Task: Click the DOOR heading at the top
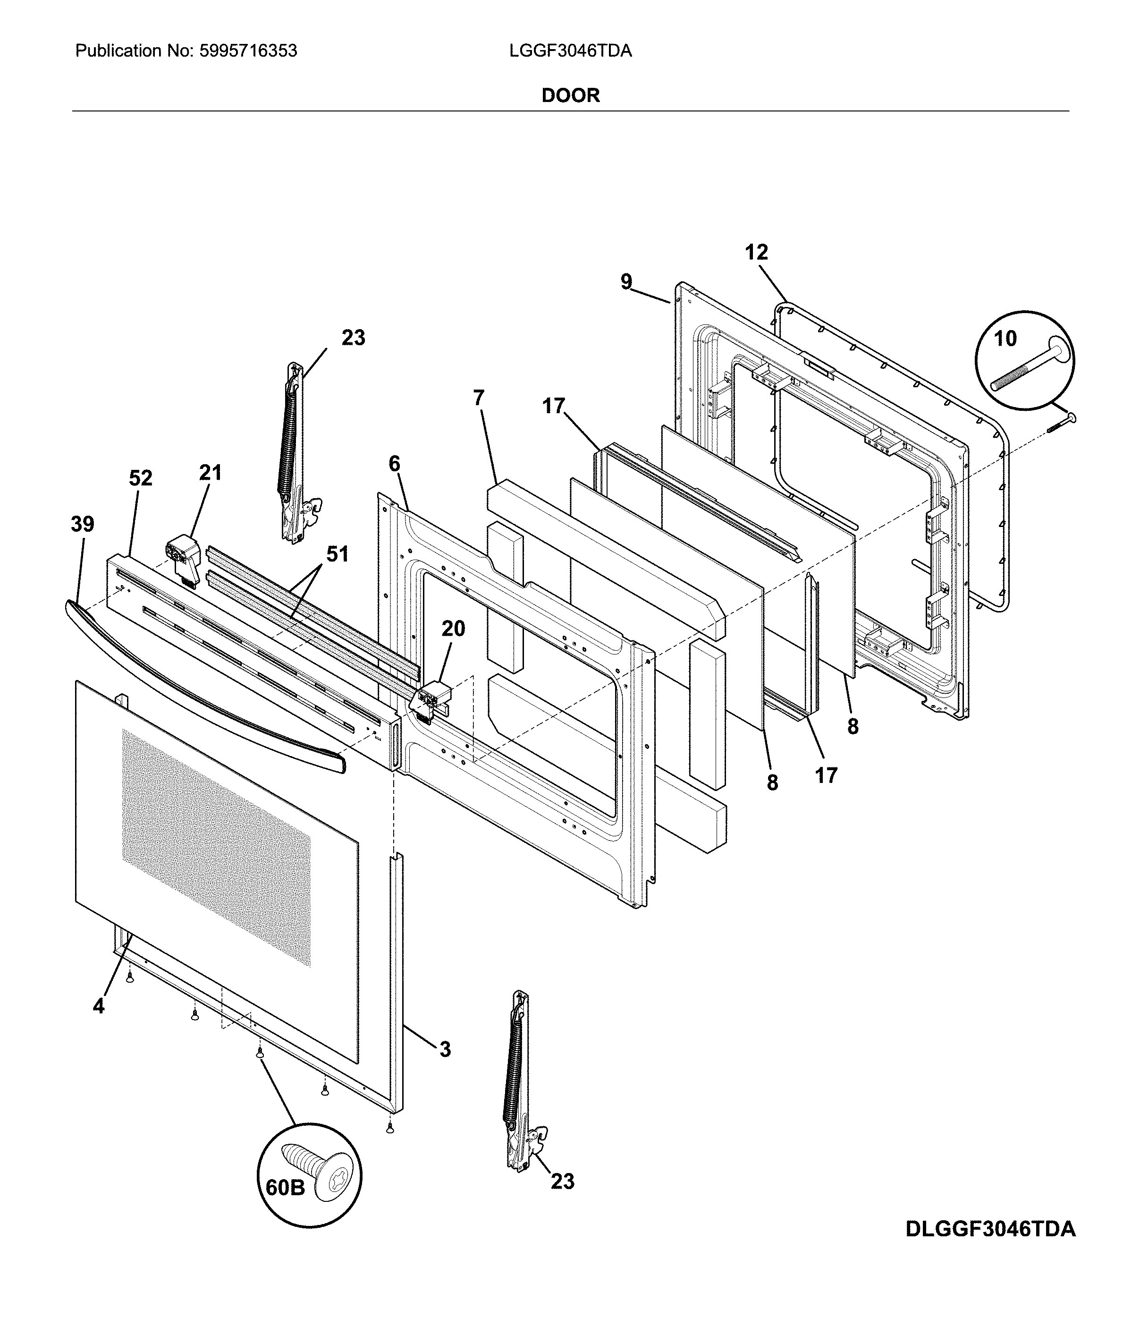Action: pyautogui.click(x=570, y=95)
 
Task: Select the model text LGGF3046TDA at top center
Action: pyautogui.click(x=570, y=51)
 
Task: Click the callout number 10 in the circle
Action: pyautogui.click(x=1005, y=338)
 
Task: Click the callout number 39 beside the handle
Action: pyautogui.click(x=83, y=525)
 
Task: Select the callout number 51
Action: pyautogui.click(x=337, y=553)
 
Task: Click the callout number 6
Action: pyautogui.click(x=394, y=463)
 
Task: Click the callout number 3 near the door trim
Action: pyautogui.click(x=444, y=1050)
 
